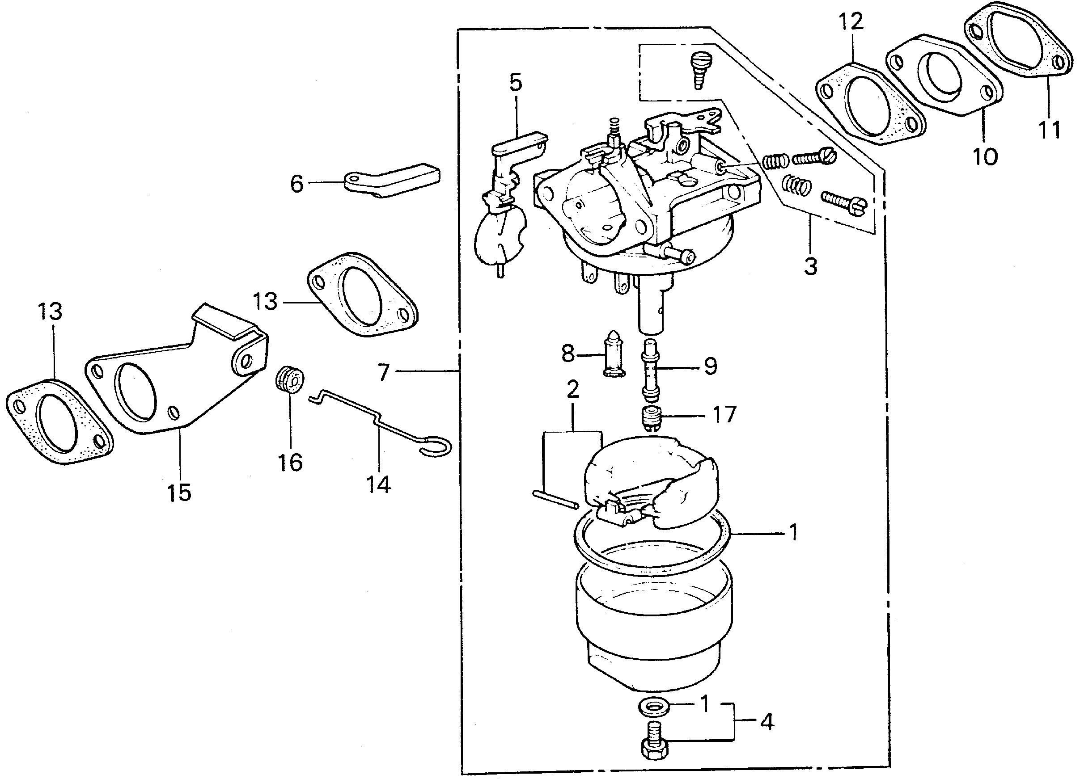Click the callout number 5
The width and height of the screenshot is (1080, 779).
pyautogui.click(x=515, y=82)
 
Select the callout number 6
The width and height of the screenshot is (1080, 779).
pyautogui.click(x=297, y=184)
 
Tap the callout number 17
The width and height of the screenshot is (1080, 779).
pyautogui.click(x=724, y=414)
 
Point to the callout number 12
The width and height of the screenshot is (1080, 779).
pyautogui.click(x=851, y=22)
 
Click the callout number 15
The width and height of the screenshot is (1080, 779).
pyautogui.click(x=179, y=493)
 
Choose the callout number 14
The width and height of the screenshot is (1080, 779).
pyautogui.click(x=379, y=484)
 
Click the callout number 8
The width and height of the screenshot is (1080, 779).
pyautogui.click(x=568, y=354)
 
